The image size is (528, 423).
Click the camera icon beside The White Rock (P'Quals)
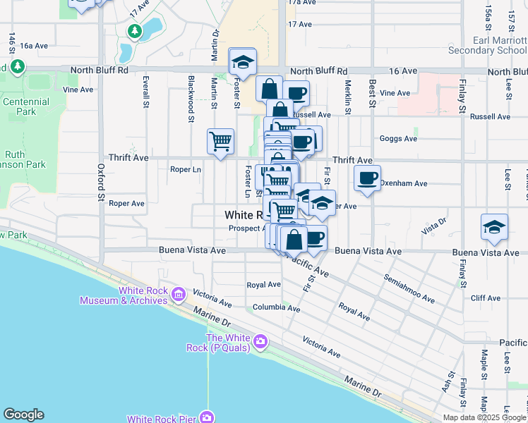(x=260, y=342)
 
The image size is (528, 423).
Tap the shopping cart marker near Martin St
(x=220, y=140)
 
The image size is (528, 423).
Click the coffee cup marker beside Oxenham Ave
(x=367, y=178)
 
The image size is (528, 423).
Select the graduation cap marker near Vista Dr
(x=494, y=226)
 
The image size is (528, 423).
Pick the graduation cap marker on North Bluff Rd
(x=242, y=61)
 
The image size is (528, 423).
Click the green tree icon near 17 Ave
(x=135, y=31)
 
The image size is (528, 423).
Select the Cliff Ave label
(x=485, y=298)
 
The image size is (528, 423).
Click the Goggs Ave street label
(x=399, y=139)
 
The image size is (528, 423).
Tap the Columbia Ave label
(x=276, y=308)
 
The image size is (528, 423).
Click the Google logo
(x=23, y=415)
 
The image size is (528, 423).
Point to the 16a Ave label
(x=33, y=45)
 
